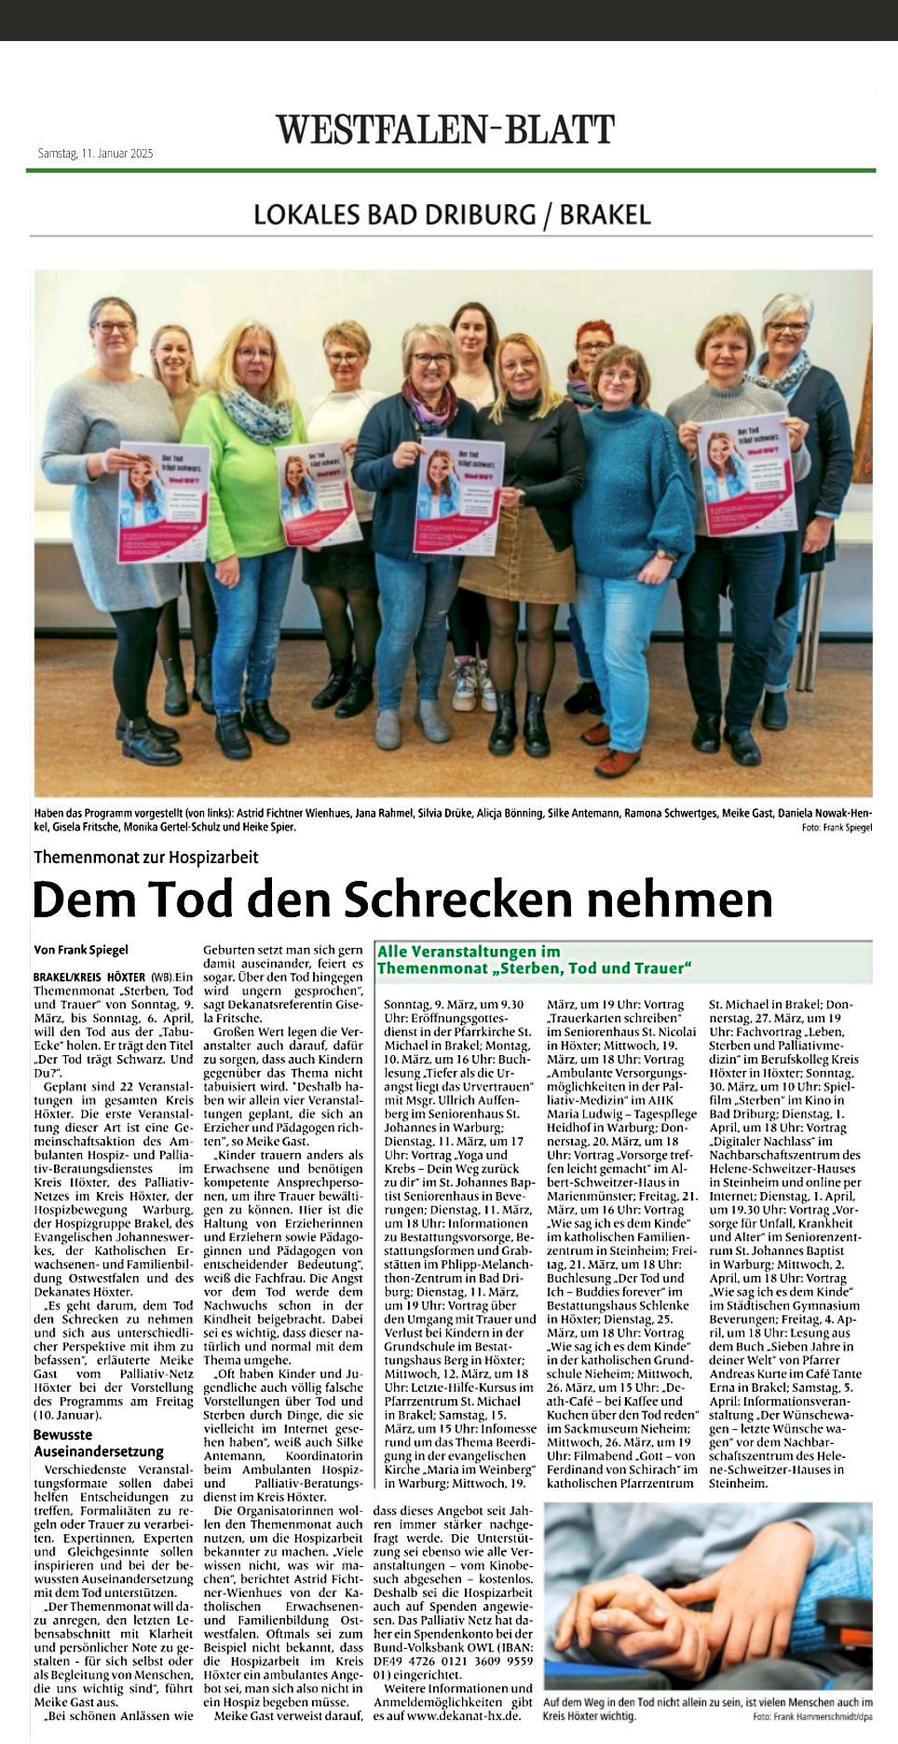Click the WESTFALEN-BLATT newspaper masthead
[445, 130]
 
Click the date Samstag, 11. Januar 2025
[95, 153]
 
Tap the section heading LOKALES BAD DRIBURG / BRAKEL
[452, 215]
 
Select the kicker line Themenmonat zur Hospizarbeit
[146, 857]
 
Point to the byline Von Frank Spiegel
[81, 950]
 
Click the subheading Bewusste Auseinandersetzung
[98, 1443]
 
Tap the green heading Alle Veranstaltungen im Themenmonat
[534, 960]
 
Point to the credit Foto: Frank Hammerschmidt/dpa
[811, 1716]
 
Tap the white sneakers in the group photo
[473, 686]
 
